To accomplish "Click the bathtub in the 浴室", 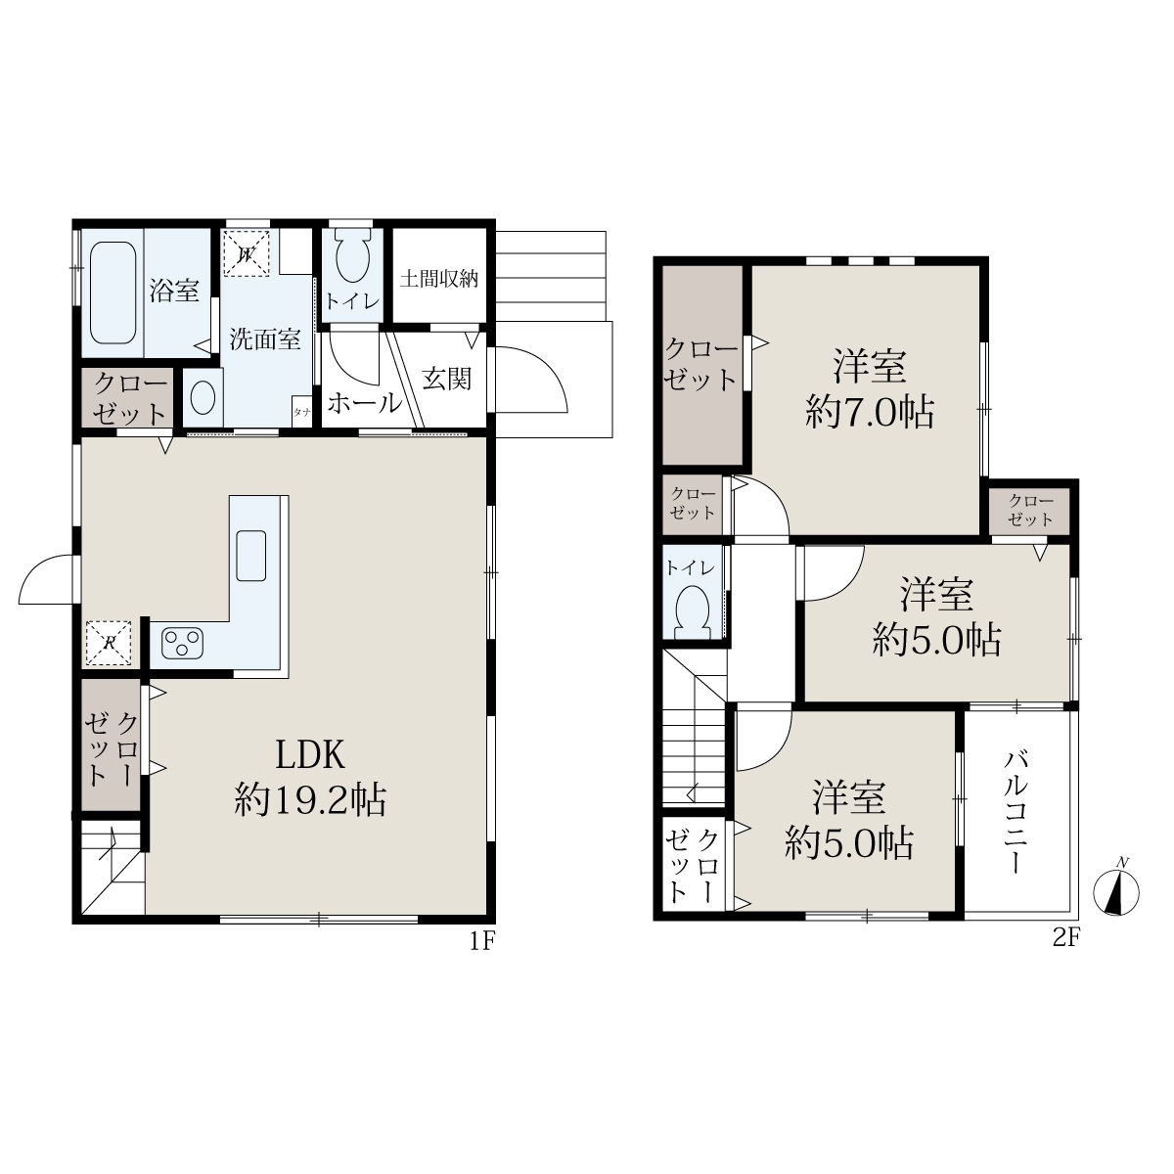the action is [113, 293].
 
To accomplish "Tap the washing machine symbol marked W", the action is [247, 253].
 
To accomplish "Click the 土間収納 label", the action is [438, 279].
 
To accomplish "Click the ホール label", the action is [366, 403].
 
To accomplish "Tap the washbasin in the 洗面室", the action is [203, 398].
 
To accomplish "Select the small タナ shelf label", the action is [301, 412].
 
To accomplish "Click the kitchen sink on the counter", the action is [251, 555].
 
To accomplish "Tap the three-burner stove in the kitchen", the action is [182, 644].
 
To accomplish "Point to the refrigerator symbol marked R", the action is [109, 643].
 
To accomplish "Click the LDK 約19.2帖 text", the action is [311, 776].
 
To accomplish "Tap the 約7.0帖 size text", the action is [870, 414].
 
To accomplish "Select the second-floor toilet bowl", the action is [695, 610].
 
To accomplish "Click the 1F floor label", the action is [483, 942].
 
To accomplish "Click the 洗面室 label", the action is [265, 339].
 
